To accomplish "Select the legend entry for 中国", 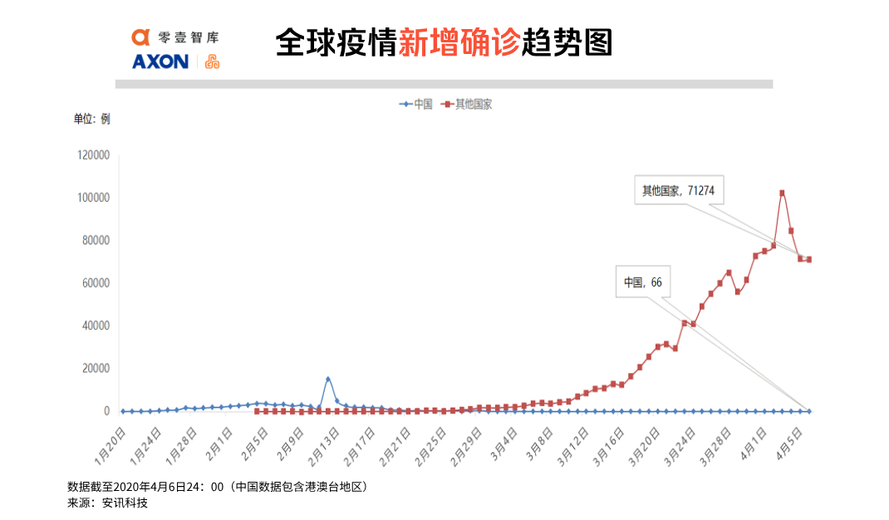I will point(417,105).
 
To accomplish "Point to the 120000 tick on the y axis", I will point(94,155).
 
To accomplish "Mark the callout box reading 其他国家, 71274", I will point(678,191).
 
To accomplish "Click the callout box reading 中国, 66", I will point(643,282).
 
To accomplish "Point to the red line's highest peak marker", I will point(782,194).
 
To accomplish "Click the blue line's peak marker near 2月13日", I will point(328,380).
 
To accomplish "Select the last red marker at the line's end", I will point(808,260).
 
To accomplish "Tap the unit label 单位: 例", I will point(91,119).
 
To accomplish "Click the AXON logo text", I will point(160,61).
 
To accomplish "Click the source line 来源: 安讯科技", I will point(107,503).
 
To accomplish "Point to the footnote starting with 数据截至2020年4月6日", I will point(217,487).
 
